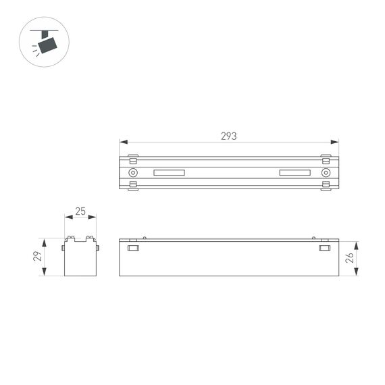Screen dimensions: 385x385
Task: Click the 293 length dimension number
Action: click(x=229, y=136)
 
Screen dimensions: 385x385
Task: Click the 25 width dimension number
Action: click(x=80, y=211)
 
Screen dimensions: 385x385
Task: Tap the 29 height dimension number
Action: click(x=38, y=256)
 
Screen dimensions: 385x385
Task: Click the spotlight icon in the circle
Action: click(x=45, y=44)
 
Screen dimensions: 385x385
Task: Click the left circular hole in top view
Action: click(x=133, y=172)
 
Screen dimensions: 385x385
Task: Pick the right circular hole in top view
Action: click(x=326, y=172)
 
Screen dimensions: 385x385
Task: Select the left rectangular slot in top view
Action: click(x=170, y=173)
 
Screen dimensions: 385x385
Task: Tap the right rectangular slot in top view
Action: click(x=295, y=173)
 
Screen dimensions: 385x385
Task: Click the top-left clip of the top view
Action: click(x=133, y=160)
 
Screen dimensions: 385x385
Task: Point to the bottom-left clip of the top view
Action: click(x=133, y=185)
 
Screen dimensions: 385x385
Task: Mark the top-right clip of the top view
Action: click(x=326, y=160)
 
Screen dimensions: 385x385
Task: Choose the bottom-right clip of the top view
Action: click(x=326, y=185)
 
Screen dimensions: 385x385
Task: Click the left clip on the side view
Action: click(x=133, y=249)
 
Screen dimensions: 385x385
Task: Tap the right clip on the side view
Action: click(x=325, y=249)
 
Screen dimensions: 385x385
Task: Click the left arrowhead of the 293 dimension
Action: click(x=122, y=142)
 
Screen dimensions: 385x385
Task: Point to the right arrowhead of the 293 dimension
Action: click(x=336, y=142)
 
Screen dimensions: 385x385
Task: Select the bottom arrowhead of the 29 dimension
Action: click(x=44, y=272)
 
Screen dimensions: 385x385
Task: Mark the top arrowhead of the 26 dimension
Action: click(x=355, y=243)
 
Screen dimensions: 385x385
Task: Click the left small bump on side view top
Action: click(x=145, y=237)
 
